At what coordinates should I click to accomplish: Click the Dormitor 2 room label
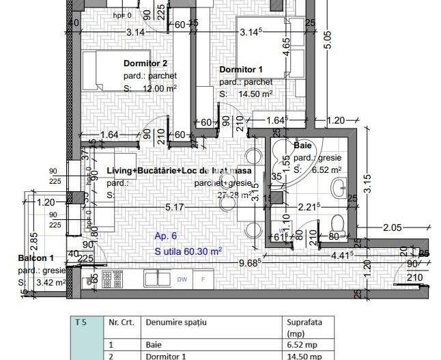(145, 64)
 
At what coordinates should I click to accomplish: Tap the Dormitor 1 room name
(241, 70)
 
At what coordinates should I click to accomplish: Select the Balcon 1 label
(36, 259)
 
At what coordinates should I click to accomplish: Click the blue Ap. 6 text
(165, 236)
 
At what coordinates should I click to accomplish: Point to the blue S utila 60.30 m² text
(188, 251)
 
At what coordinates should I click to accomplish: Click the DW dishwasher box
(182, 279)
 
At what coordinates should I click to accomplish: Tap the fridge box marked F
(202, 279)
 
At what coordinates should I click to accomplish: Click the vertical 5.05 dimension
(328, 36)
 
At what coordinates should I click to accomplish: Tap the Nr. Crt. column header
(117, 320)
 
